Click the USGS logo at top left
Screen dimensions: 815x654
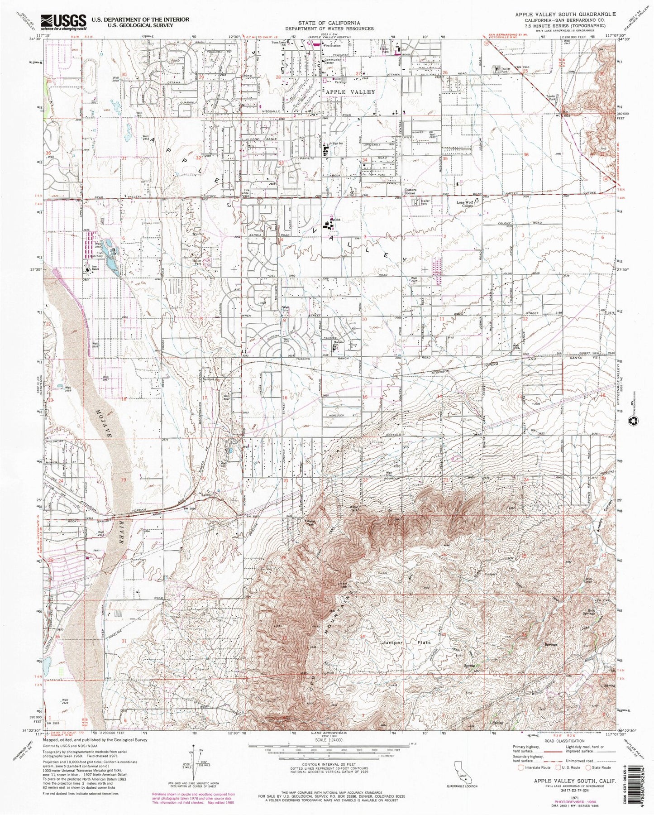pos(63,22)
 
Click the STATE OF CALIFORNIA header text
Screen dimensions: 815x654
pos(329,23)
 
